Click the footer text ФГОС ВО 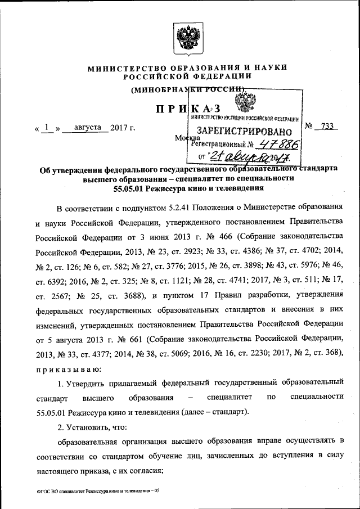tap(49, 491)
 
